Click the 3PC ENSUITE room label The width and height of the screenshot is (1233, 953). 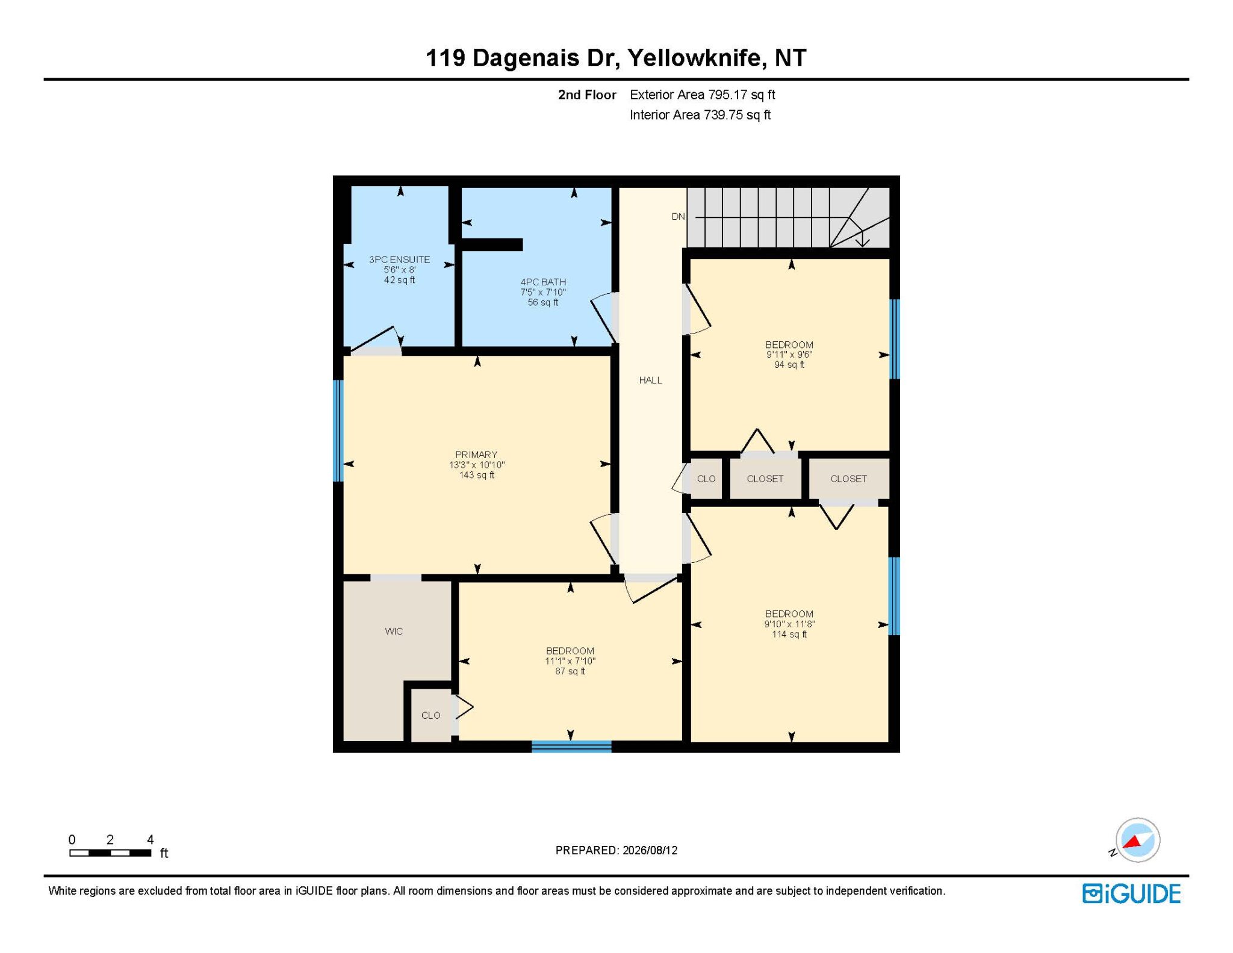coord(399,259)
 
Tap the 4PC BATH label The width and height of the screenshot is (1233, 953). coord(543,282)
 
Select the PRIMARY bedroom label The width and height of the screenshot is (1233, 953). coord(476,455)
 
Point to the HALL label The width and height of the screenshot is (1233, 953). coord(650,380)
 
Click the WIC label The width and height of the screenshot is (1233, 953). coord(394,631)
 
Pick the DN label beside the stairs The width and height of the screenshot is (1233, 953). coord(679,216)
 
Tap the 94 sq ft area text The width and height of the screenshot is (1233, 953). coord(789,364)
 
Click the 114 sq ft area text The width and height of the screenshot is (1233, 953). coord(789,634)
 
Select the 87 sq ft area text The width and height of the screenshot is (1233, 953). coord(570,671)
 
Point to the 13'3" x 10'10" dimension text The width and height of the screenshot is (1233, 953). coord(477,465)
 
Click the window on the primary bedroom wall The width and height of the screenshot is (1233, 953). coord(338,430)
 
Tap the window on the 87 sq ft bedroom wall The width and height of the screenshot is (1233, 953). coord(571,747)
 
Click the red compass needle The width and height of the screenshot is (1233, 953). coord(1134,842)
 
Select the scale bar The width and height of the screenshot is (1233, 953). coord(110,852)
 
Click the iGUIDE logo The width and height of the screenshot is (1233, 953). coord(1131,893)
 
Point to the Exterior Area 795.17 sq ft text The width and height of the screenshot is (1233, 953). coord(702,95)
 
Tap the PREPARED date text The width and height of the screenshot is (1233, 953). coord(616,850)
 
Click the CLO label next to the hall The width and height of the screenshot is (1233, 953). coord(706,479)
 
